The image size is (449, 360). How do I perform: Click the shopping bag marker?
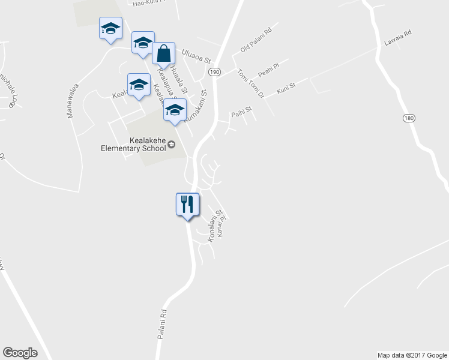163,54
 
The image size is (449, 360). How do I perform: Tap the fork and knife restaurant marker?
187,205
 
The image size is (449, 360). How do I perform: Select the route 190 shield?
215,71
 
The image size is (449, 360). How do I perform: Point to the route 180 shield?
409,119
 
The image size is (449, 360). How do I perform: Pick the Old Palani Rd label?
256,38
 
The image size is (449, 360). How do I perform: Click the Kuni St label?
286,90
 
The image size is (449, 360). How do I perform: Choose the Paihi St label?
240,112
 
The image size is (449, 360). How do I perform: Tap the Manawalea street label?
73,101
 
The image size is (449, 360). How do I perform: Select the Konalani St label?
214,226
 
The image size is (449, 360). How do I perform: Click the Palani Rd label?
161,325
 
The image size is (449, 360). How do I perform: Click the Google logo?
20,353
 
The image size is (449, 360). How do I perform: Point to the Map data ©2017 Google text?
412,355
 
